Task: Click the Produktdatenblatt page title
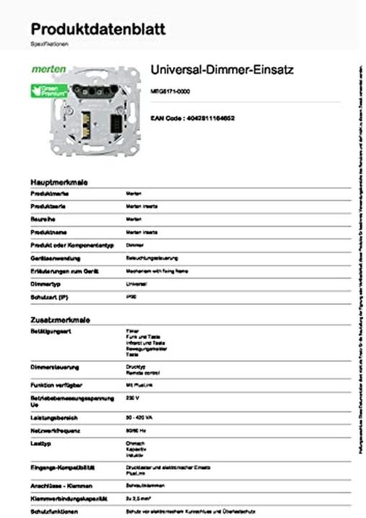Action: (98, 29)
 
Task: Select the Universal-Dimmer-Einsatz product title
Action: (222, 70)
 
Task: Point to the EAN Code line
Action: (192, 117)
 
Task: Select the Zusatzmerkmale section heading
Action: (60, 319)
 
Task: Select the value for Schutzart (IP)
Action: (130, 296)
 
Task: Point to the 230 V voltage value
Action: (132, 398)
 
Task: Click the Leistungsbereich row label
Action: (53, 417)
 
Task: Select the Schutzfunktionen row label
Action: (54, 511)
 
